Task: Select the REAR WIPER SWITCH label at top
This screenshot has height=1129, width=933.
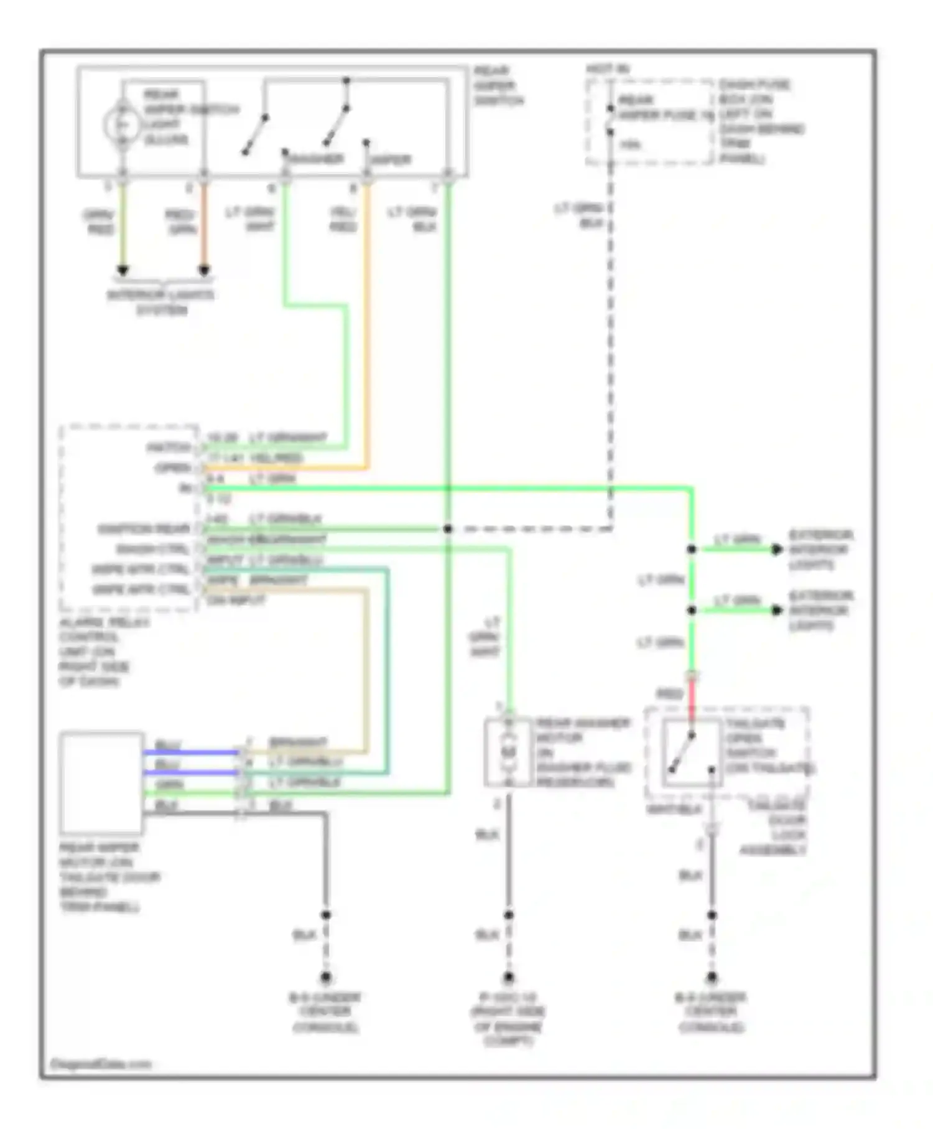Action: [498, 85]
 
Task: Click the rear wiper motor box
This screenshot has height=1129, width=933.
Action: [101, 782]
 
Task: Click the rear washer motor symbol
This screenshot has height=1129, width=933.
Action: [509, 751]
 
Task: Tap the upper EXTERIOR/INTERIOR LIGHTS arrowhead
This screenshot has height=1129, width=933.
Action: [776, 549]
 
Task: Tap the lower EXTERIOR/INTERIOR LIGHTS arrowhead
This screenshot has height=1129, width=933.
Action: [776, 610]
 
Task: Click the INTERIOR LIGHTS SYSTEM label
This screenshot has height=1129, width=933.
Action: [160, 302]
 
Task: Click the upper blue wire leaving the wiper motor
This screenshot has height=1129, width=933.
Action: [190, 752]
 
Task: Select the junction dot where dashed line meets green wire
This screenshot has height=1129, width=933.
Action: [447, 529]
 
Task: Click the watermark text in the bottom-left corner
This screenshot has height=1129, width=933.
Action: [100, 1064]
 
